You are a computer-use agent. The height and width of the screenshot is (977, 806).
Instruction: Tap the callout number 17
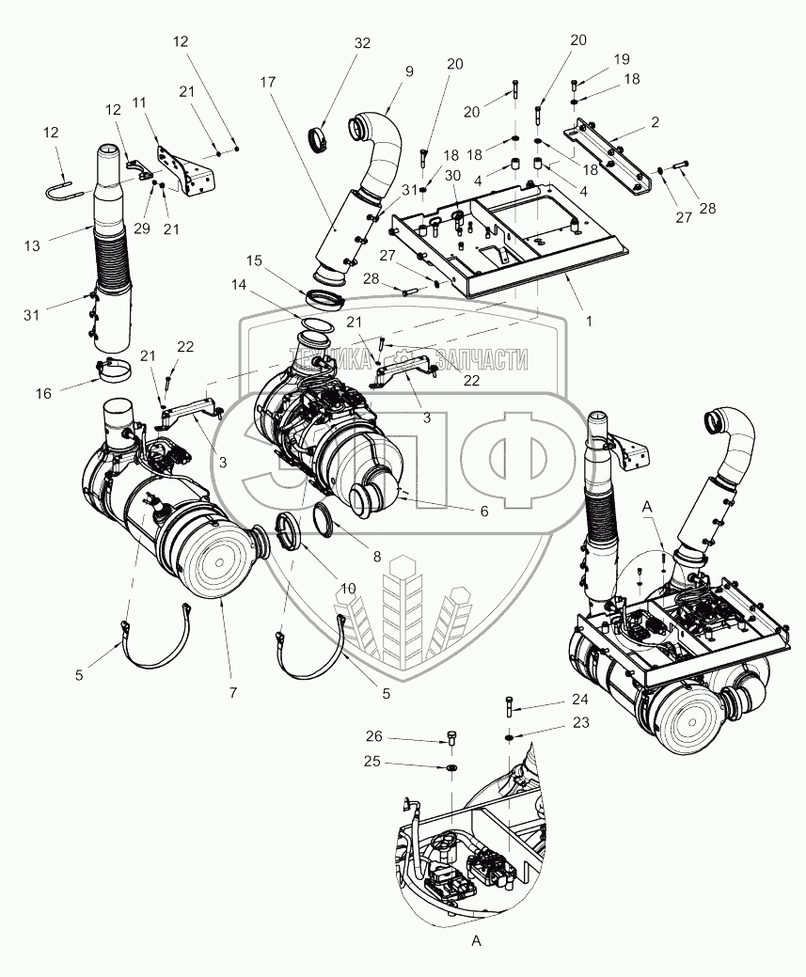point(268,82)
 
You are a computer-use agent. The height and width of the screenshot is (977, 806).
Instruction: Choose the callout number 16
point(44,395)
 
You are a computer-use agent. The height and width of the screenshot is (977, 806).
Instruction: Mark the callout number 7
point(232,693)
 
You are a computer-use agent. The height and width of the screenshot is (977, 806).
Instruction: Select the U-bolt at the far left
point(63,192)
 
